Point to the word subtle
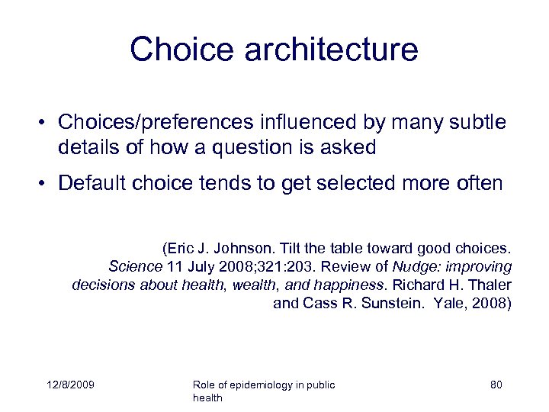477,123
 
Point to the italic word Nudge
412,267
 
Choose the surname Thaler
488,285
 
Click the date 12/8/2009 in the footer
69,385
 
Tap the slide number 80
496,385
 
